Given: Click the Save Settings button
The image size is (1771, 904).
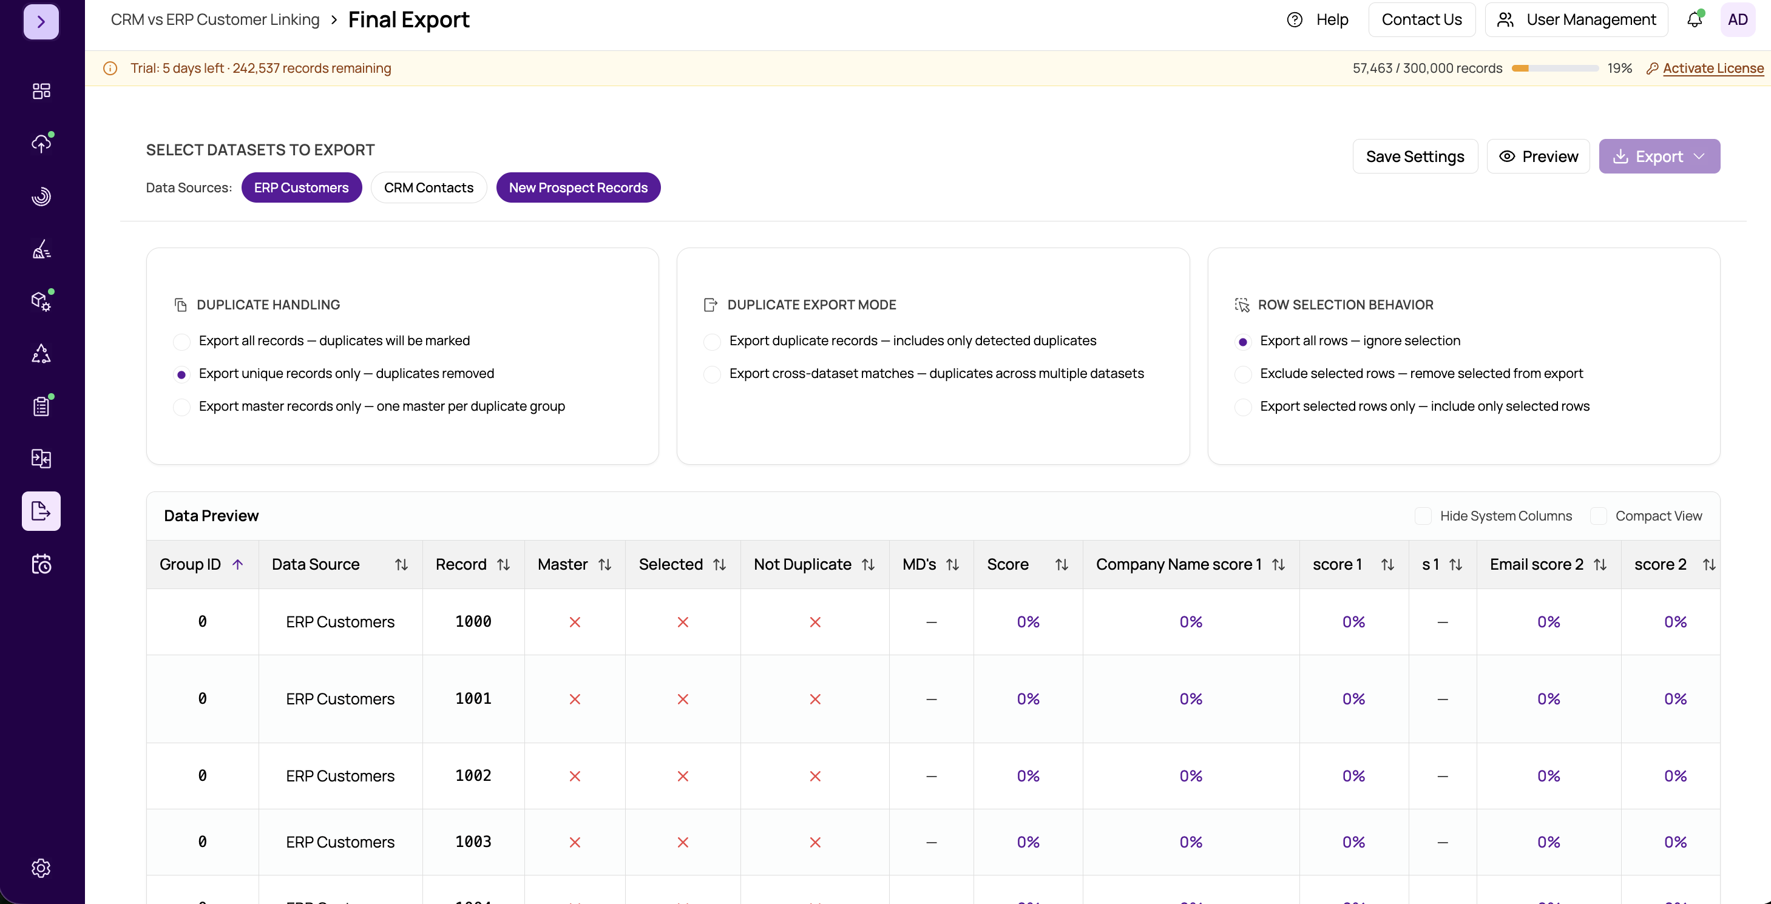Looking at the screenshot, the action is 1415,157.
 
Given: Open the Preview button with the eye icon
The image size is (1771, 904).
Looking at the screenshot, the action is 1538,157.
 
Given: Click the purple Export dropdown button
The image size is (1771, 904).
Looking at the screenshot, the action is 1659,157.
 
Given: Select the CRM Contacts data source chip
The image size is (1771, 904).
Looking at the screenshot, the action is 428,187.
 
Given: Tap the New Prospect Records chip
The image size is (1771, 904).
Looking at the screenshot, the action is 578,187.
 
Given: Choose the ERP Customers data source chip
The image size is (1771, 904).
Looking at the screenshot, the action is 301,187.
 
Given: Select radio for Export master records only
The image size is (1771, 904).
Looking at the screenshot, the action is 181,407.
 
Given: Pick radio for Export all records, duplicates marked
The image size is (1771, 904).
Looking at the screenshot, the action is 181,342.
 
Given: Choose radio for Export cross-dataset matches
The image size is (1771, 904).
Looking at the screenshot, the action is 713,374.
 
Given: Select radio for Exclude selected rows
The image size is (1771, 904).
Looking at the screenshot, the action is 1243,374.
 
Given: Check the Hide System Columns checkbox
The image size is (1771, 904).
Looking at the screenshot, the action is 1423,516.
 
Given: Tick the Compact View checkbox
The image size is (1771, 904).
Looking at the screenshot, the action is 1599,516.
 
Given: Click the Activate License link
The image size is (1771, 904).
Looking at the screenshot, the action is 1713,68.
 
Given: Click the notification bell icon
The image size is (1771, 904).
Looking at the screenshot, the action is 1695,19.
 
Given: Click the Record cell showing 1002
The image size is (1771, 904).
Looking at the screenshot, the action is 473,775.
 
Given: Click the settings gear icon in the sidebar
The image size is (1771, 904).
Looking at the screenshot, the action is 41,868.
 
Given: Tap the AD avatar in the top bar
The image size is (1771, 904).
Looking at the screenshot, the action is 1737,19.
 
